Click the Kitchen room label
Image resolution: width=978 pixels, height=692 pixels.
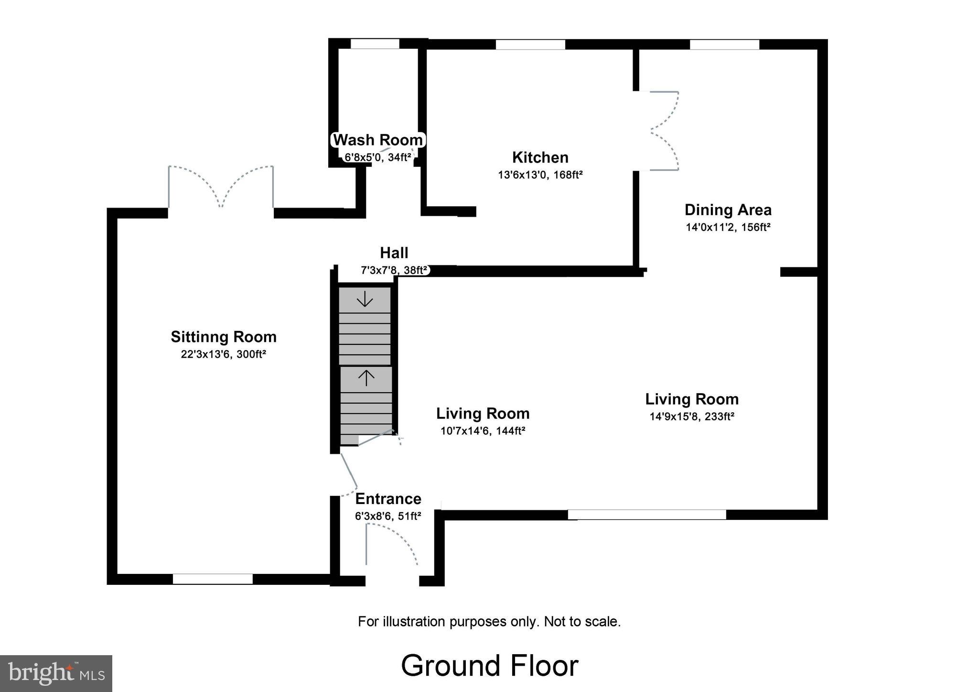coord(540,157)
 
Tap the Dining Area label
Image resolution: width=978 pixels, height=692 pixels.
coord(728,210)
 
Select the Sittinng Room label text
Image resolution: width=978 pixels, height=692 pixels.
coord(224,337)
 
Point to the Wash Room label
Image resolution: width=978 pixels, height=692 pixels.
coord(378,140)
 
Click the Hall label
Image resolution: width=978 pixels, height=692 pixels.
coord(394,253)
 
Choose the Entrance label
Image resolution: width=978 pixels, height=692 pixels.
coord(388,499)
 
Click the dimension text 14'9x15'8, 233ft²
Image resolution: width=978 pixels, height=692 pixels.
coord(691,417)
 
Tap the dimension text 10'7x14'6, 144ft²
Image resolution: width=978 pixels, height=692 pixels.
coord(483,431)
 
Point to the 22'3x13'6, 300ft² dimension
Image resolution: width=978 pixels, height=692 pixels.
coord(223,354)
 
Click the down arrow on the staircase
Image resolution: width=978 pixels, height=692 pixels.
coord(365,299)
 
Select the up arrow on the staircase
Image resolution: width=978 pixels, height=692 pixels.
coord(366,378)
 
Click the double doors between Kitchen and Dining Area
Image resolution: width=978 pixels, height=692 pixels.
coord(662,130)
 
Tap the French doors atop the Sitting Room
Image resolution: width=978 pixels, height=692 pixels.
coord(221,187)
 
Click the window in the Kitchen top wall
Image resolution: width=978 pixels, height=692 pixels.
coord(530,44)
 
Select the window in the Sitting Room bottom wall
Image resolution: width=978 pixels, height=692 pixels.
coord(213,579)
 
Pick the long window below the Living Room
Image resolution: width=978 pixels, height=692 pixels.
coord(646,515)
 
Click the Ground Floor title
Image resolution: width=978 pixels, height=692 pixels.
coord(489,665)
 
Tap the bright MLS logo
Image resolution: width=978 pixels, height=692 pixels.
coord(56,673)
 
